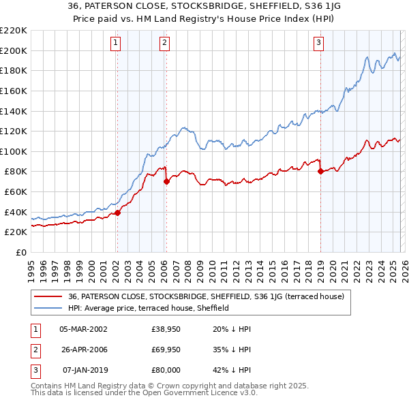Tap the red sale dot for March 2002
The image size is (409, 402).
coord(117,213)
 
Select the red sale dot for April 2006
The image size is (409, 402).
coord(166,181)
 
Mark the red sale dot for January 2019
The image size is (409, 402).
coord(320,171)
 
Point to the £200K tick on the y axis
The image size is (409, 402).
coord(14,50)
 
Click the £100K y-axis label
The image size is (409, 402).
coord(14,151)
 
